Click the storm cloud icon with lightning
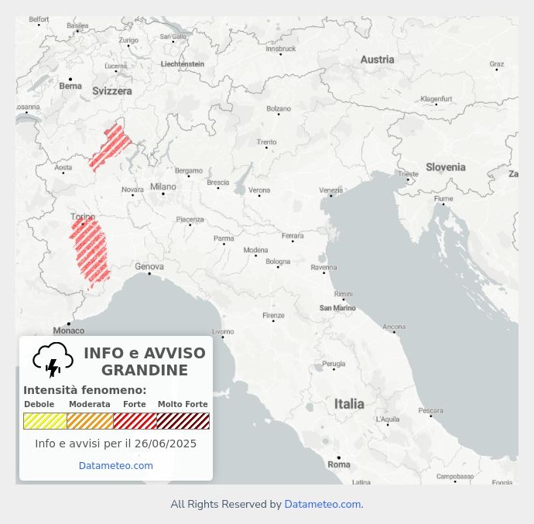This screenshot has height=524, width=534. pyautogui.click(x=53, y=360)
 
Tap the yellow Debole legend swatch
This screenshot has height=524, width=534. pyautogui.click(x=45, y=421)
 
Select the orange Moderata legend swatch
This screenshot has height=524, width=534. pyautogui.click(x=90, y=421)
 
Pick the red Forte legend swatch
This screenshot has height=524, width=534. pyautogui.click(x=135, y=421)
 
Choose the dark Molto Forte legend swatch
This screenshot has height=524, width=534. pyautogui.click(x=183, y=421)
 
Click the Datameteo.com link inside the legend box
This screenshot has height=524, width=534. pyautogui.click(x=116, y=466)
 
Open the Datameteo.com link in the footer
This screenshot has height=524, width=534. pyautogui.click(x=322, y=505)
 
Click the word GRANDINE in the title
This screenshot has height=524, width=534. pyautogui.click(x=145, y=371)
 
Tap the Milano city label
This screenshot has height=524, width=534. pyautogui.click(x=163, y=187)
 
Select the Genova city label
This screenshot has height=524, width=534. pyautogui.click(x=149, y=266)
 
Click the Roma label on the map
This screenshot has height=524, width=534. pyautogui.click(x=339, y=464)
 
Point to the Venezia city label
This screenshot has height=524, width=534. pyautogui.click(x=331, y=190)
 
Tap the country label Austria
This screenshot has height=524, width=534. pyautogui.click(x=377, y=60)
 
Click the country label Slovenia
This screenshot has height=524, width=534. pyautogui.click(x=446, y=167)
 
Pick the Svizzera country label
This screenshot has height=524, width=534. pyautogui.click(x=112, y=91)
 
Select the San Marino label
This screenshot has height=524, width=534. pyautogui.click(x=338, y=308)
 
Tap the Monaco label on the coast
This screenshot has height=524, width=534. pyautogui.click(x=69, y=330)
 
